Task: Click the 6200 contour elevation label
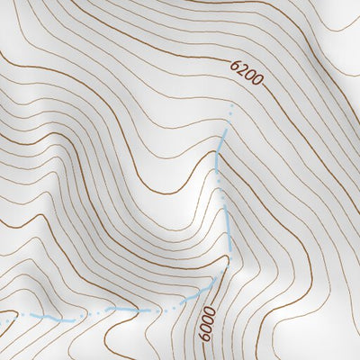click(x=247, y=73)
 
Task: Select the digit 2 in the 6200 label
click(x=243, y=70)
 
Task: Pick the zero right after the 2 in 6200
click(x=250, y=76)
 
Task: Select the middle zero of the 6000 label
click(x=209, y=317)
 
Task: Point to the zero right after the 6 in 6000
click(x=209, y=326)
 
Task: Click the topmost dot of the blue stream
click(x=232, y=105)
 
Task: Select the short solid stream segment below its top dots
click(x=220, y=148)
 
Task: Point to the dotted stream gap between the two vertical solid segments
click(x=219, y=184)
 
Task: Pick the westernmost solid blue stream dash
click(x=43, y=318)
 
